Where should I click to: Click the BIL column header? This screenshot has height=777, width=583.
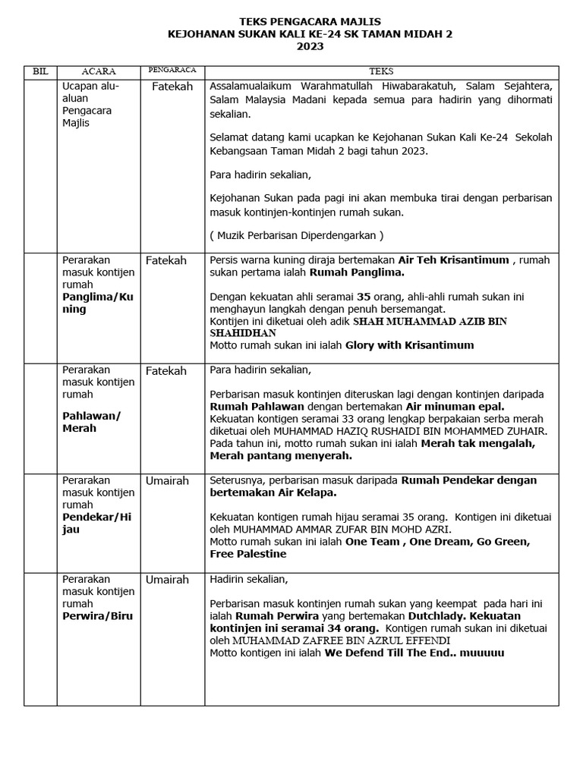point(40,71)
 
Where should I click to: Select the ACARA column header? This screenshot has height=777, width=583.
point(98,71)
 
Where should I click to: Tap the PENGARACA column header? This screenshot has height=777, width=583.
point(172,70)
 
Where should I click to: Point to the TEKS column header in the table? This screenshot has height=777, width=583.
point(381,71)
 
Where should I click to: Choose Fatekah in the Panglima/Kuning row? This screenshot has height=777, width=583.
point(166,260)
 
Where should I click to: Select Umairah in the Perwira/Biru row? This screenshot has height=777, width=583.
point(167,579)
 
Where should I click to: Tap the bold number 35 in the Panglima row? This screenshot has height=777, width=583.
point(364,297)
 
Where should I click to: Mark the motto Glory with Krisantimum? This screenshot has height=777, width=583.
point(409,345)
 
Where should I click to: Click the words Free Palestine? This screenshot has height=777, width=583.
point(248,554)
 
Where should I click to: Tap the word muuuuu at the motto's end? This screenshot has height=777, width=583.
point(482,653)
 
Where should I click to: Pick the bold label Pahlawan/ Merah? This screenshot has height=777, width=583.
point(91,422)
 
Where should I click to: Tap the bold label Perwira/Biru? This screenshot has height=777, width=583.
point(97,615)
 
